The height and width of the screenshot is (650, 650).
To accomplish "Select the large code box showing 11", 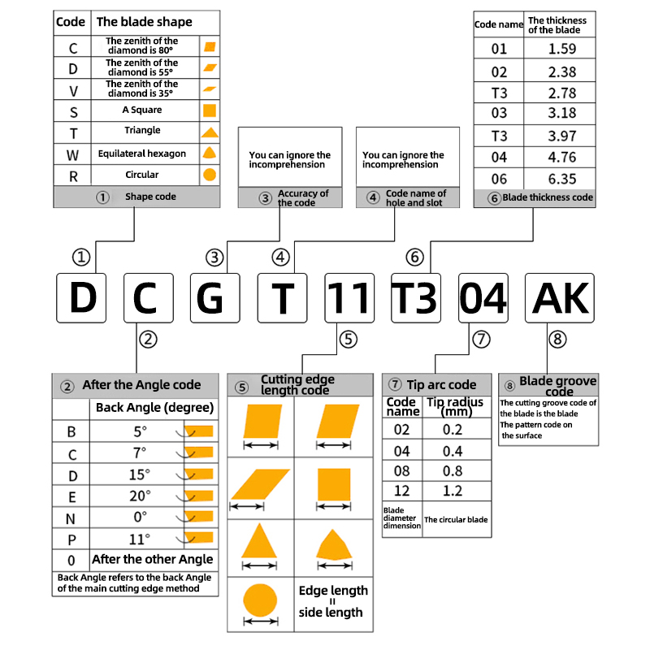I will point(349,298).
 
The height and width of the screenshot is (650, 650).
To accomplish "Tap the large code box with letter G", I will point(215,298).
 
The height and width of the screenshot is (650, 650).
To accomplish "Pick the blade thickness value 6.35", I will point(561,178).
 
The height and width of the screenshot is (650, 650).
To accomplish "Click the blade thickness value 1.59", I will point(561,50).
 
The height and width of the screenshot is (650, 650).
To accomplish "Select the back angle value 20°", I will point(141,496).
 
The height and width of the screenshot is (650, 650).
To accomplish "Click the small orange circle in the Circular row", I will point(210,175).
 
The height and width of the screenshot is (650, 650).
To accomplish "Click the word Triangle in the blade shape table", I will point(142,131).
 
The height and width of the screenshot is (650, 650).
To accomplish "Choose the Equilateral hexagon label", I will point(142,154).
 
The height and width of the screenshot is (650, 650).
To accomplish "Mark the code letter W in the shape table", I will point(73,154).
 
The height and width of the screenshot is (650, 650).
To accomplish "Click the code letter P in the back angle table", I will point(71,539).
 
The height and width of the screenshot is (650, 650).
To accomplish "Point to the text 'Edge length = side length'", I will point(333,601).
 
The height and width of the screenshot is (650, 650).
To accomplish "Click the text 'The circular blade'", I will point(456,520).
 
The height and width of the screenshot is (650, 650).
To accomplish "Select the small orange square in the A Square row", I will point(210,110).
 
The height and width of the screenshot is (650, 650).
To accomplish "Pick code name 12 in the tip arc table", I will point(402,492).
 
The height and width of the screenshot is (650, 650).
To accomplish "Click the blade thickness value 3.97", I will point(561,135).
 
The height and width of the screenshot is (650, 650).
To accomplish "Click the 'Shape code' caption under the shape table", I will point(150,197).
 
